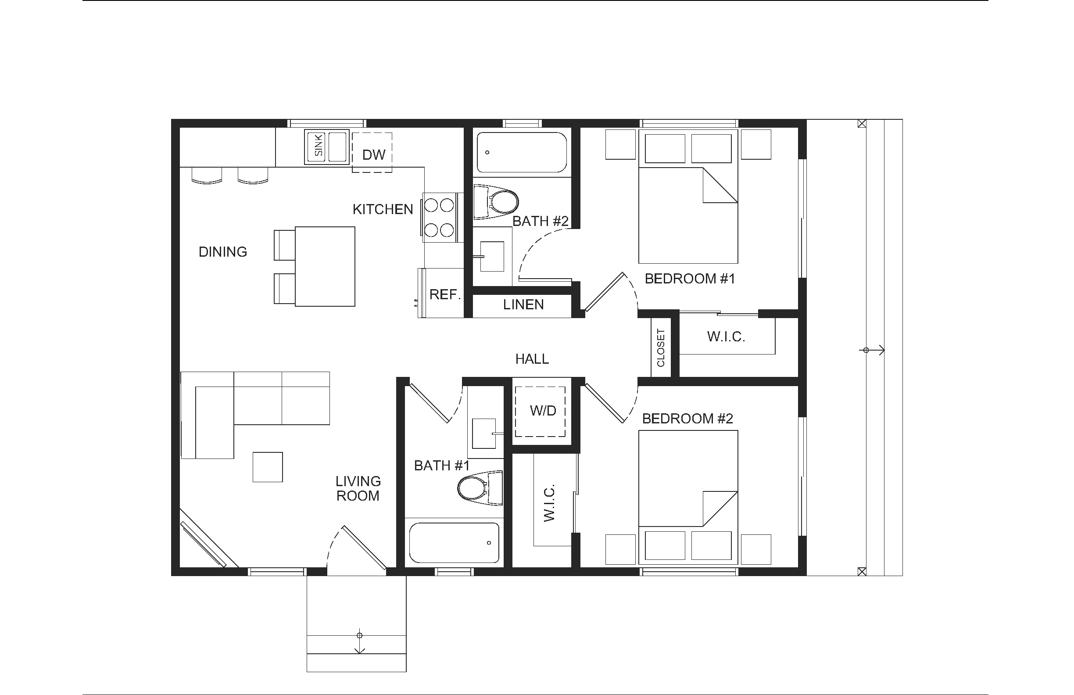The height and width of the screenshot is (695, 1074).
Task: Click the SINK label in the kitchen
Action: point(319,145)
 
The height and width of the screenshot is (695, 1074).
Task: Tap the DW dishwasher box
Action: point(372,153)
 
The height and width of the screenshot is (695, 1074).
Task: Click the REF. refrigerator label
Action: point(445,295)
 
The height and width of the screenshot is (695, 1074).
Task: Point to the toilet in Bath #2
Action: point(496,202)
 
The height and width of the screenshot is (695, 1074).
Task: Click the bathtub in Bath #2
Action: point(522,153)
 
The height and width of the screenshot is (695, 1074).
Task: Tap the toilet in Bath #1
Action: point(480,488)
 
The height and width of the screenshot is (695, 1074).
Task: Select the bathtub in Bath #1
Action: point(454,543)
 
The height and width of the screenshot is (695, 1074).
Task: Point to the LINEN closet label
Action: point(523,305)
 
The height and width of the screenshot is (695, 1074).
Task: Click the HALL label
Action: point(532,359)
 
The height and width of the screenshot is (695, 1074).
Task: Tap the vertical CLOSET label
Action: point(661,347)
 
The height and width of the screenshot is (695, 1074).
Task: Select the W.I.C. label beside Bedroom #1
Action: point(726,337)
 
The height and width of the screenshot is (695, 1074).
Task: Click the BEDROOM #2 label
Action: point(687,419)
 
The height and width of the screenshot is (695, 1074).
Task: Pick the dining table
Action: point(325,267)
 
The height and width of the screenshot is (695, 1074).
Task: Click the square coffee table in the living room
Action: point(268,467)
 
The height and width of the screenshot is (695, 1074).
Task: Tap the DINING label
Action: point(223,252)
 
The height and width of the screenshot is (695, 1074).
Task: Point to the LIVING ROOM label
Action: point(358,488)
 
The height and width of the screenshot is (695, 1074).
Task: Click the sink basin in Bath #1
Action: point(484,433)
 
